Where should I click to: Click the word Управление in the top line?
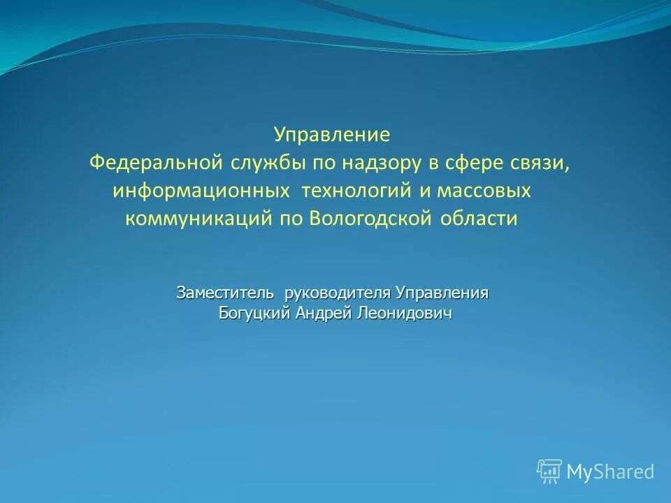tap(332, 134)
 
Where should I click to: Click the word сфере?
tap(477, 163)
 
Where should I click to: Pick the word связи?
tap(545, 163)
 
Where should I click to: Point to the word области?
tap(479, 219)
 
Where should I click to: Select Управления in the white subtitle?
tap(442, 293)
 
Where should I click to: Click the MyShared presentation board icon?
tap(549, 472)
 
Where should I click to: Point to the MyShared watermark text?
tap(610, 472)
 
